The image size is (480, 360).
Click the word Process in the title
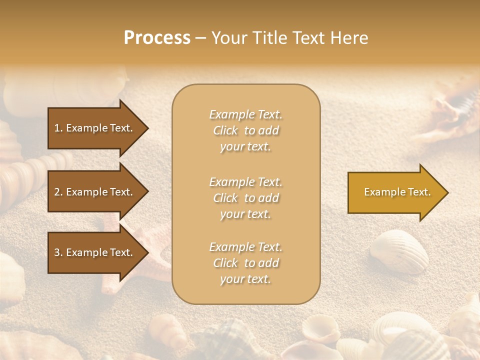(157, 38)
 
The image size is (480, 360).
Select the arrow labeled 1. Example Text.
(95, 128)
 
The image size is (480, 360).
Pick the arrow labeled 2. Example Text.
(95, 192)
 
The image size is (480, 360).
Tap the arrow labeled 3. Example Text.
(95, 252)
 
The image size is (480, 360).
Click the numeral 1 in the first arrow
(57, 128)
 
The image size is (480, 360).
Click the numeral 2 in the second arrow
(57, 192)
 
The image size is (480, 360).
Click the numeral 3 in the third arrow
(57, 252)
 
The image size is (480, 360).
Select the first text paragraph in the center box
(245, 130)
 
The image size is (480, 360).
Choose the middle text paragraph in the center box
(245, 198)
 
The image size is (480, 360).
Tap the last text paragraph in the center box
(245, 263)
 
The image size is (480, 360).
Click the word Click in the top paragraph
(225, 130)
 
